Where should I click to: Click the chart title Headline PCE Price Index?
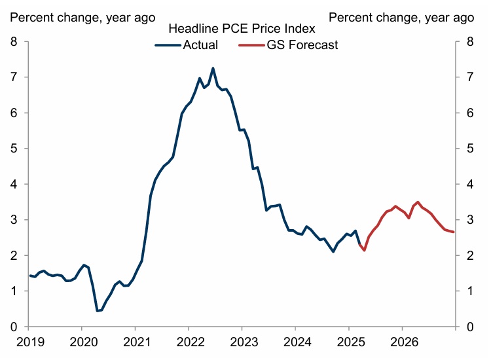point(242,29)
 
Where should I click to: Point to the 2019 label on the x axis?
point(28,341)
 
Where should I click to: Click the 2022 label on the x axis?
point(189,341)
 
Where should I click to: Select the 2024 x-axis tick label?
point(295,341)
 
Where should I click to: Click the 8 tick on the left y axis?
point(14,43)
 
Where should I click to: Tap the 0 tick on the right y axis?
point(469,327)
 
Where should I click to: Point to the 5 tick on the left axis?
point(14,149)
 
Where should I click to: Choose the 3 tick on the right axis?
point(469,220)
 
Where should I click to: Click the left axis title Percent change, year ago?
point(81,16)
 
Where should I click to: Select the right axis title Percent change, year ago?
point(401,16)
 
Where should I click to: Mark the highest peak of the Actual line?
point(213,68)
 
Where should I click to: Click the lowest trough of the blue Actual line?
point(98,311)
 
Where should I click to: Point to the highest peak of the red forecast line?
point(418,202)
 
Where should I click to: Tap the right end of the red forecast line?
point(453,232)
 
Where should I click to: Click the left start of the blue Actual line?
point(29,276)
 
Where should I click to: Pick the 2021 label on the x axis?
point(135,341)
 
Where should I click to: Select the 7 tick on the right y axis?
point(469,78)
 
